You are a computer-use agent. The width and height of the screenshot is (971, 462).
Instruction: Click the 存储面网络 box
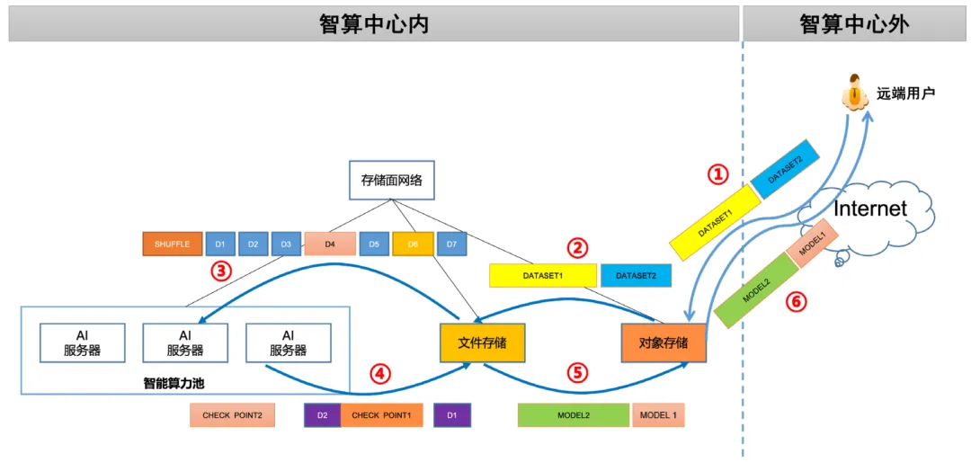tap(391, 181)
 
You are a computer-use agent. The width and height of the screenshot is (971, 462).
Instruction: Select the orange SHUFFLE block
tap(173, 244)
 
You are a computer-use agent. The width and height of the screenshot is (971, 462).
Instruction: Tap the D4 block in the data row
tap(329, 244)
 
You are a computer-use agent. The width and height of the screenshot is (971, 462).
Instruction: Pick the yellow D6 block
tap(413, 244)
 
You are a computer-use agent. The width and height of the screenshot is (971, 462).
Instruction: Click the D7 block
tap(451, 244)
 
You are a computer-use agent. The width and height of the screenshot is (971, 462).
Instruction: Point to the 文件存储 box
tap(483, 342)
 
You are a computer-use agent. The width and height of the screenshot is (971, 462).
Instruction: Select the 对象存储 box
tap(664, 342)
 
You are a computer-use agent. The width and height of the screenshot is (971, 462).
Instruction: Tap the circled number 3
tap(221, 271)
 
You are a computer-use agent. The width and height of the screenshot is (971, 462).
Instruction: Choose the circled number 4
tap(381, 373)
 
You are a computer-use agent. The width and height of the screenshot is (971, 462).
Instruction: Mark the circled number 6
tap(797, 302)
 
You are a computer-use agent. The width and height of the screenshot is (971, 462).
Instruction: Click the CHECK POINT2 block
tap(232, 415)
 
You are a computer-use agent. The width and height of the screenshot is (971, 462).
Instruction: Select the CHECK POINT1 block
tap(381, 415)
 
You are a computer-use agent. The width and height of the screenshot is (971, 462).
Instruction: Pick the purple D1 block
tap(452, 415)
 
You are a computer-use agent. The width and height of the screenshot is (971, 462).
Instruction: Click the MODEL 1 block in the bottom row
tap(658, 415)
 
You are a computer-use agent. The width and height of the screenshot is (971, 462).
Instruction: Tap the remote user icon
tap(855, 93)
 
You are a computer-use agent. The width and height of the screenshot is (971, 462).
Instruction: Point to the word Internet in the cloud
tap(870, 209)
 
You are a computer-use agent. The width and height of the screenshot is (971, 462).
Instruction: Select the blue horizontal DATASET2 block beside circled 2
tap(636, 276)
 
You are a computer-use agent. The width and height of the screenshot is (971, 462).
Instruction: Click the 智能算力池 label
tap(174, 384)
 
